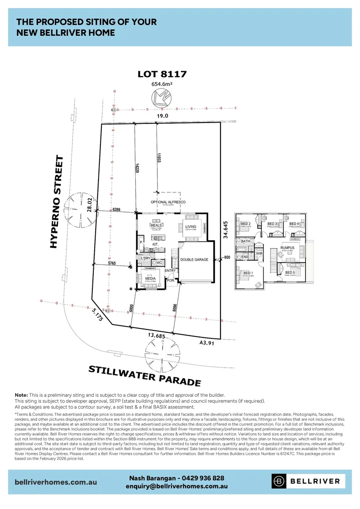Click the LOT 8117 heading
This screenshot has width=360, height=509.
point(162,74)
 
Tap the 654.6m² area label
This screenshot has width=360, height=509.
point(162,84)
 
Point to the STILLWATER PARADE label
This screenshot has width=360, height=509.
point(145,375)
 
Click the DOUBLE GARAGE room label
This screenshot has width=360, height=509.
point(194,259)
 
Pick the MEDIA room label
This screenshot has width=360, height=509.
point(150,279)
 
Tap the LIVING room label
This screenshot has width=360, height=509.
point(190,227)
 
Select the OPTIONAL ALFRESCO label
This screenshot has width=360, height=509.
point(168,202)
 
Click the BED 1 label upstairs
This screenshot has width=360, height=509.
point(248,273)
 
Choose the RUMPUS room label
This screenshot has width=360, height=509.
point(287,247)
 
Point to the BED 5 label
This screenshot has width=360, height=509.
point(290,272)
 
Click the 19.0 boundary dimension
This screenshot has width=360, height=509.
point(162,115)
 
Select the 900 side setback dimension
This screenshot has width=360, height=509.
point(227,257)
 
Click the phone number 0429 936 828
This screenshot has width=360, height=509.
point(203,478)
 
